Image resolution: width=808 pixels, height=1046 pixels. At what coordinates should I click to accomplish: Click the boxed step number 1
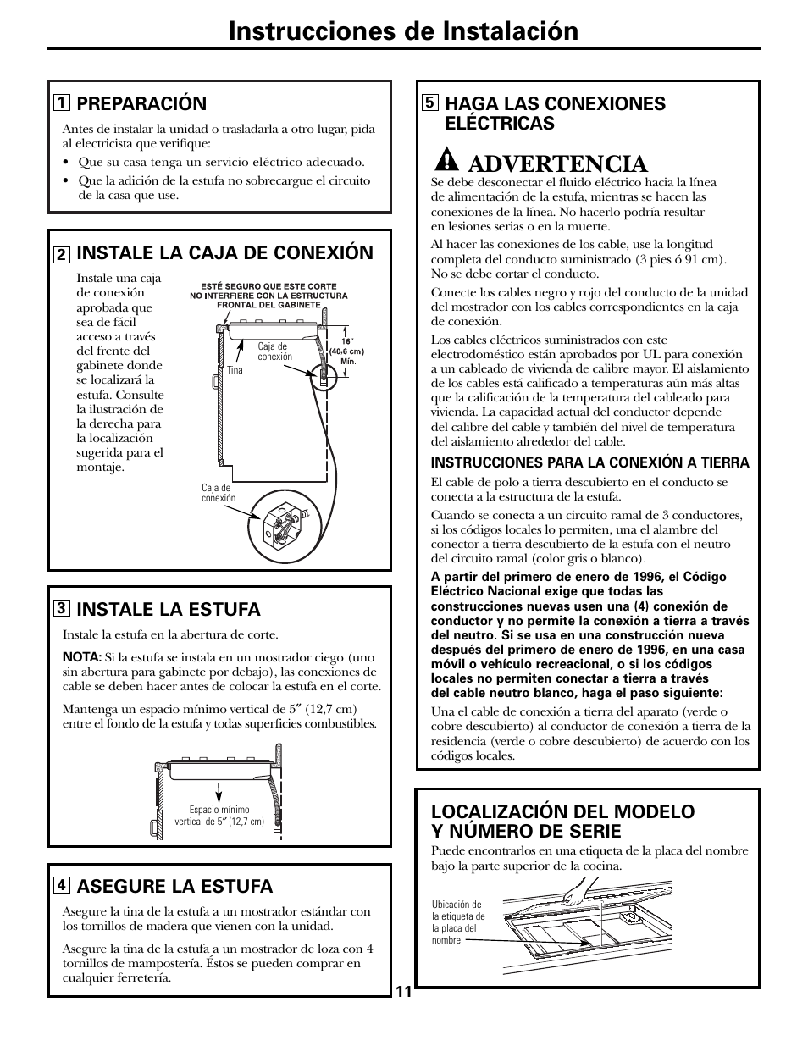pos(61,103)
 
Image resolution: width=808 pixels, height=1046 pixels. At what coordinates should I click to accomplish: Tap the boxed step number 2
pos(61,253)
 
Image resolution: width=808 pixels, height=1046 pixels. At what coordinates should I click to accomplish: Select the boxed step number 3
pos(61,609)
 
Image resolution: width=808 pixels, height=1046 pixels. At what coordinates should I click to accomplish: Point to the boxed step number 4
pos(61,886)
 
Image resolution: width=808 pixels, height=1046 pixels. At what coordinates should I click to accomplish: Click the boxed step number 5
pos(429,103)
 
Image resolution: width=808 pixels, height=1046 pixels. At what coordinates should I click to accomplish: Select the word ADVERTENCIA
pos(556,163)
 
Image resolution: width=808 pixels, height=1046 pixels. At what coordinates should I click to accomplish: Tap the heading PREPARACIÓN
pos(141,103)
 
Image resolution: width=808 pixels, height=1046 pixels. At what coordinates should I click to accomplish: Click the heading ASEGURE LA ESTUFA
pos(174,886)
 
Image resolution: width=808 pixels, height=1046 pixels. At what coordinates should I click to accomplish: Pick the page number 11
pos(403,992)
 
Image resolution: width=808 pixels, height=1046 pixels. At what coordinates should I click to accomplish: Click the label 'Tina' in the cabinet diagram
pos(235,370)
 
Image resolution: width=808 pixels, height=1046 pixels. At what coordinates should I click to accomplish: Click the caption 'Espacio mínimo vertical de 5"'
pos(219,816)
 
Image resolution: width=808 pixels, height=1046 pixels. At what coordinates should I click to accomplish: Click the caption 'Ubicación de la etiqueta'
pos(458,921)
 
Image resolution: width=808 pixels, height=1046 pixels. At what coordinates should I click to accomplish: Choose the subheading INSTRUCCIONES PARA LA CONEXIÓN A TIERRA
pos(589,462)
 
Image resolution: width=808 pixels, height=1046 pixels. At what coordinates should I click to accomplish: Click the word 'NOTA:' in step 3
pos(81,656)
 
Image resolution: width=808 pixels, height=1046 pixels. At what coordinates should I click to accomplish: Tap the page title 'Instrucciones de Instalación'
pos(403,30)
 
